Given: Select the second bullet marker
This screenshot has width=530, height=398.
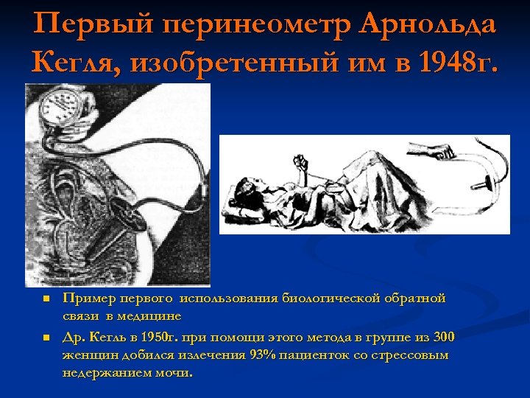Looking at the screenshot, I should tap(46, 338).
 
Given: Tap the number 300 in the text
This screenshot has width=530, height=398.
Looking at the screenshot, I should tap(443, 338).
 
